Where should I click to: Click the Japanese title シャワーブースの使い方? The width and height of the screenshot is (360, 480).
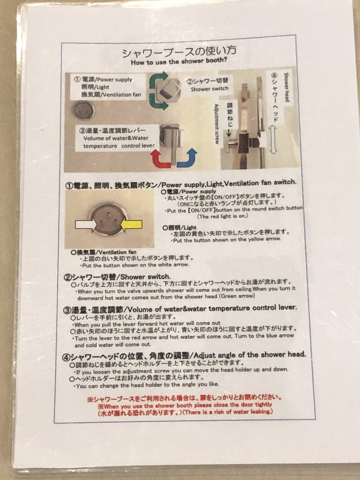point(179,52)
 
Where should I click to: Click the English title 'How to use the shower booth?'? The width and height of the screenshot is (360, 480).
point(179,61)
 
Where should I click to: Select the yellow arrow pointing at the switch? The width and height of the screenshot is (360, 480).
point(131,225)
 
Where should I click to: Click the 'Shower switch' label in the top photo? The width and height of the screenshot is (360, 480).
point(209,89)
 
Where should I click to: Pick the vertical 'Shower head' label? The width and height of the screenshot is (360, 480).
point(286,87)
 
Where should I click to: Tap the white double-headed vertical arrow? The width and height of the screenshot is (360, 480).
point(273,140)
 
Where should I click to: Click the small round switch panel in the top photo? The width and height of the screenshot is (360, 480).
point(83,110)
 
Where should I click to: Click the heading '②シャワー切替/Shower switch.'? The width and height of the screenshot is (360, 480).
point(117,277)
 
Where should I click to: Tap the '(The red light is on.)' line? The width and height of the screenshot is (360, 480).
point(222,216)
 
